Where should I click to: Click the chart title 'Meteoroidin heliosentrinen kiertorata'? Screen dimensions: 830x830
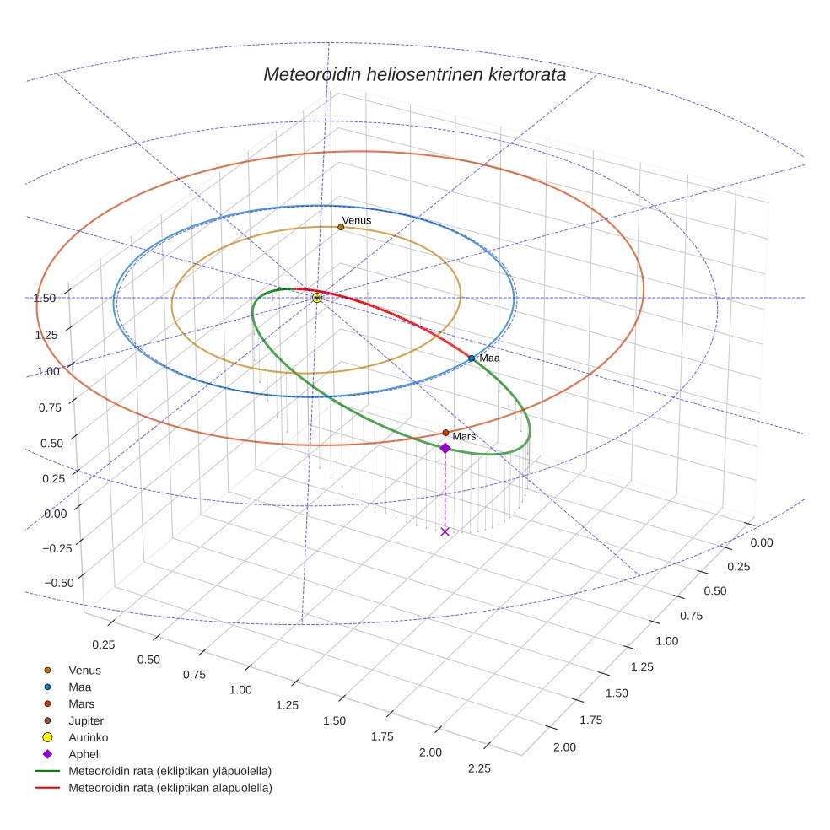click(414, 74)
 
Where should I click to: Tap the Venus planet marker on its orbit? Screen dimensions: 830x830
click(341, 227)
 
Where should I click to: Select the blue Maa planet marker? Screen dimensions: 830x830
click(472, 358)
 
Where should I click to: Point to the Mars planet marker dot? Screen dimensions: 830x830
click(445, 433)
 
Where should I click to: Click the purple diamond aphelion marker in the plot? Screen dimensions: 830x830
click(445, 448)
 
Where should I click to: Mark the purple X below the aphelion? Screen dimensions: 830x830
click(445, 531)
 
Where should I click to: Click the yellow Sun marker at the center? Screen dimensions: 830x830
click(317, 298)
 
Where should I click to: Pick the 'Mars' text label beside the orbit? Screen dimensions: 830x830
click(464, 437)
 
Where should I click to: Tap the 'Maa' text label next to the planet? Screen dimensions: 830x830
click(489, 358)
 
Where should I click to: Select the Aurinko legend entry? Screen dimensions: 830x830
click(88, 737)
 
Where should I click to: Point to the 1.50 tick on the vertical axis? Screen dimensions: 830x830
click(45, 298)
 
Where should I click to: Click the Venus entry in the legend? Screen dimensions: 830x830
click(84, 670)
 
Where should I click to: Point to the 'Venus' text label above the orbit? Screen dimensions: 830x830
click(356, 220)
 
